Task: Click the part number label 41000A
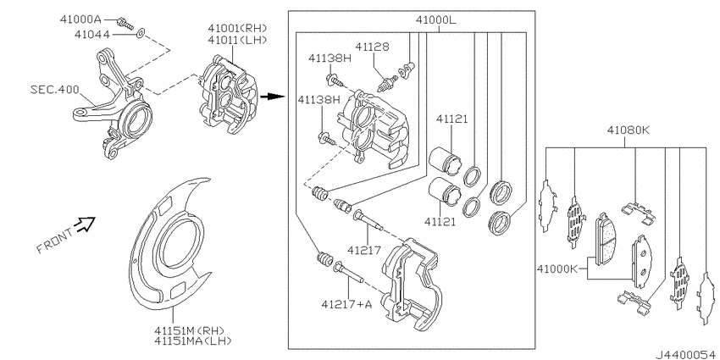(80, 19)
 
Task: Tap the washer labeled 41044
(141, 33)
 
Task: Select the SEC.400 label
(55, 89)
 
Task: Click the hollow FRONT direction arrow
(86, 224)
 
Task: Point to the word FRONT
(54, 241)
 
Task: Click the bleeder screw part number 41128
(373, 46)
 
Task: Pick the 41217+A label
(346, 303)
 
